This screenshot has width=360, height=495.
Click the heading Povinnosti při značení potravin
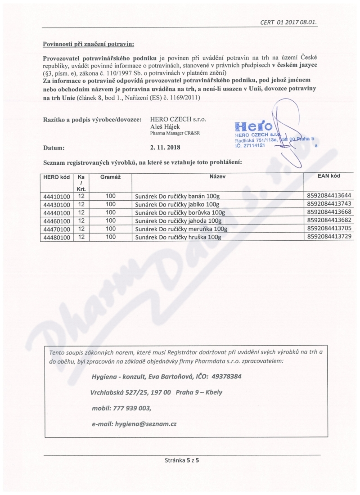(x=89, y=44)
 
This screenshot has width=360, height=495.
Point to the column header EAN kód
(x=328, y=176)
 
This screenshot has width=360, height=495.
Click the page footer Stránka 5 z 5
(x=181, y=460)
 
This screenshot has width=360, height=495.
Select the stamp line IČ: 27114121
(x=250, y=146)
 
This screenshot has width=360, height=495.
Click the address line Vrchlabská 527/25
(x=118, y=392)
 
